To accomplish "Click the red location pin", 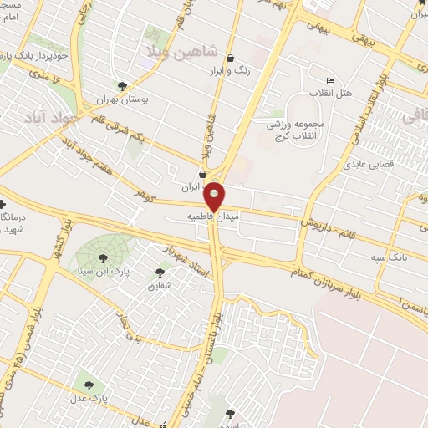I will click(x=215, y=196).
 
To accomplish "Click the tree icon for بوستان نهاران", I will click(x=123, y=85).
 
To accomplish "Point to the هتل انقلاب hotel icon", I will click(x=332, y=80).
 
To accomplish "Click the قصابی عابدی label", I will click(x=366, y=165).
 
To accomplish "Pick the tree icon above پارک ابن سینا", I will click(x=103, y=257).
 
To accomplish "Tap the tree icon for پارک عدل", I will click(x=89, y=385).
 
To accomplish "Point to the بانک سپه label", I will click(x=391, y=258).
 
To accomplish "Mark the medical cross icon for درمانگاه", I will click(x=3, y=204).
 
